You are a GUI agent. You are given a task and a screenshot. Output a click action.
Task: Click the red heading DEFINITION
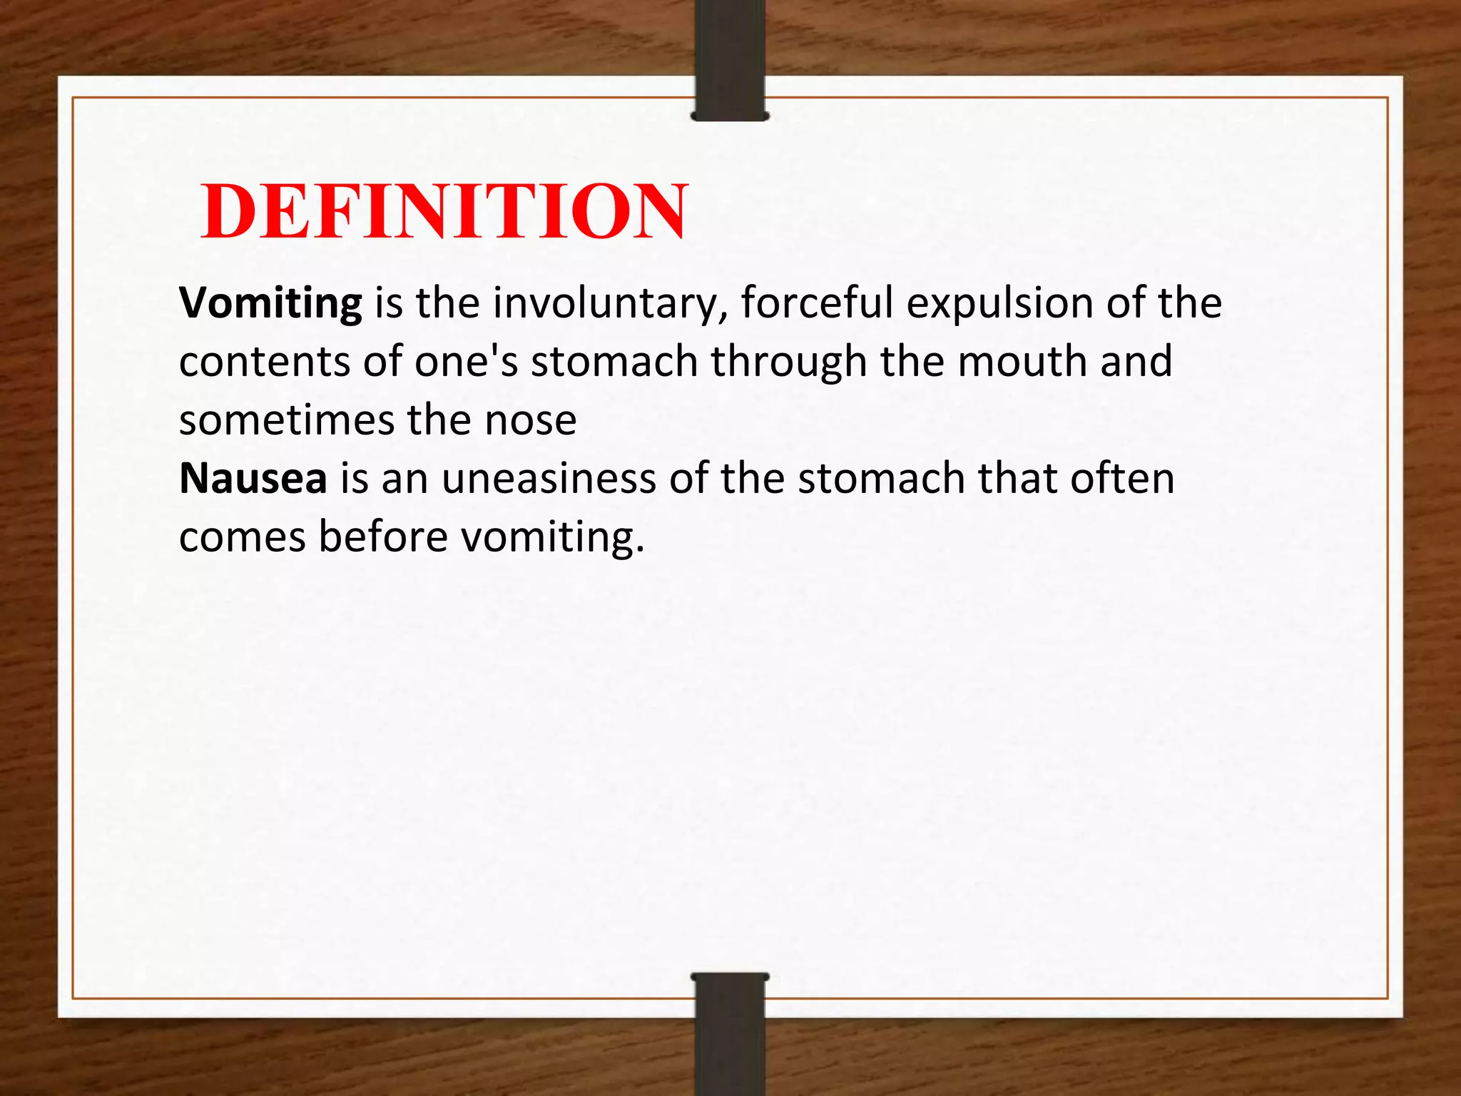pyautogui.click(x=444, y=211)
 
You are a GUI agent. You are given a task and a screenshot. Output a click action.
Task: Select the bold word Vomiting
pyautogui.click(x=270, y=303)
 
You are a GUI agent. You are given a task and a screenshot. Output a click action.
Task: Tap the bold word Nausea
pyautogui.click(x=253, y=478)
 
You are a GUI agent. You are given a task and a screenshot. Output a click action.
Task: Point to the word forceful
pyautogui.click(x=817, y=303)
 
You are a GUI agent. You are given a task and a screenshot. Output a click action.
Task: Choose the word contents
pyautogui.click(x=264, y=362)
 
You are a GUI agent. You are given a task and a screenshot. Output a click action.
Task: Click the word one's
pyautogui.click(x=466, y=362)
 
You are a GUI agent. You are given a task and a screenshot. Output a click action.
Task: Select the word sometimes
pyautogui.click(x=286, y=420)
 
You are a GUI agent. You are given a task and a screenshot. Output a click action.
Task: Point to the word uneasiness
pyautogui.click(x=549, y=478)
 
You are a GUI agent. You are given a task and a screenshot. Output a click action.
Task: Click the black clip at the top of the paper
pyautogui.click(x=729, y=61)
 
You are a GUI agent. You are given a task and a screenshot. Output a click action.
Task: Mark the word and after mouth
pyautogui.click(x=1136, y=362)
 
